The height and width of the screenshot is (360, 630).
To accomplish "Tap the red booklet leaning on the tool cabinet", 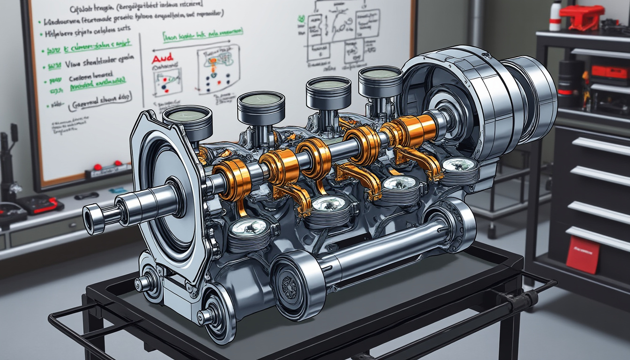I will [583, 255].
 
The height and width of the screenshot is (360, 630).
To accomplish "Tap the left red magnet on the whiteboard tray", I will [97, 167].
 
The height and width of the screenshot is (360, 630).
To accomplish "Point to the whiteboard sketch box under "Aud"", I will [167, 82].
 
